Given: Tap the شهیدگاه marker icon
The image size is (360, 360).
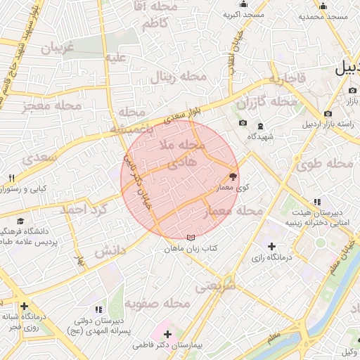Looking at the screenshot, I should click(260, 126).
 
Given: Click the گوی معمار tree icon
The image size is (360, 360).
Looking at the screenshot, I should click(233, 177).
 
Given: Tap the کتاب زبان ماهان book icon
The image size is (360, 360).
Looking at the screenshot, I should click(192, 238).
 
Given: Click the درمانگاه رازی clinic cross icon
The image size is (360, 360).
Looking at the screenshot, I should click(271, 245).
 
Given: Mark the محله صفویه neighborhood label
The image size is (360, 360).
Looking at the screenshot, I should click(158, 304).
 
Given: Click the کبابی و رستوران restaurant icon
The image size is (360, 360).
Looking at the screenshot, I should click(12, 178).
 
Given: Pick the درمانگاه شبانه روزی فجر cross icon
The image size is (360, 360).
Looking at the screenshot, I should click(25, 306).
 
